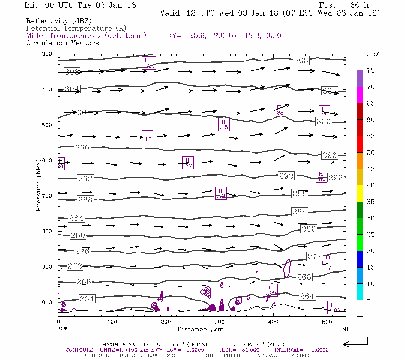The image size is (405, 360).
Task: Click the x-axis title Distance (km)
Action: pos(202,329)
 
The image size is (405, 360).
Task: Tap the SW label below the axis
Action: pos(63,329)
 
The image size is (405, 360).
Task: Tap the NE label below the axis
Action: pos(346,329)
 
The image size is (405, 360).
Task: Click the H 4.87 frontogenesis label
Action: pos(334,307)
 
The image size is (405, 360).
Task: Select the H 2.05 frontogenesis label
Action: pos(270,290)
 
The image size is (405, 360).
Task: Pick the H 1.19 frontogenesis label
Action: pos(326,266)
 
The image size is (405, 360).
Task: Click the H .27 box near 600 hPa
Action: pos(188,163)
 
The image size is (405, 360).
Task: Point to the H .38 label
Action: pos(279,110)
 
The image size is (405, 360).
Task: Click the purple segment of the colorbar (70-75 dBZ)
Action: pos(360,79)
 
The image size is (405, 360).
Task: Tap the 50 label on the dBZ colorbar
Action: pos(370,152)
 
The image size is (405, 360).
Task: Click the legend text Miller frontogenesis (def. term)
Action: pos(86,35)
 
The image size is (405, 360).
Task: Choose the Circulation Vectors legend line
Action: pos(62,43)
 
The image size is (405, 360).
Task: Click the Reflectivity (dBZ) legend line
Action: pos(59,21)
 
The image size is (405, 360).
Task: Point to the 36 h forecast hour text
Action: pos(359,5)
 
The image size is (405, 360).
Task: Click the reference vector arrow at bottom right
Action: pos(355,344)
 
